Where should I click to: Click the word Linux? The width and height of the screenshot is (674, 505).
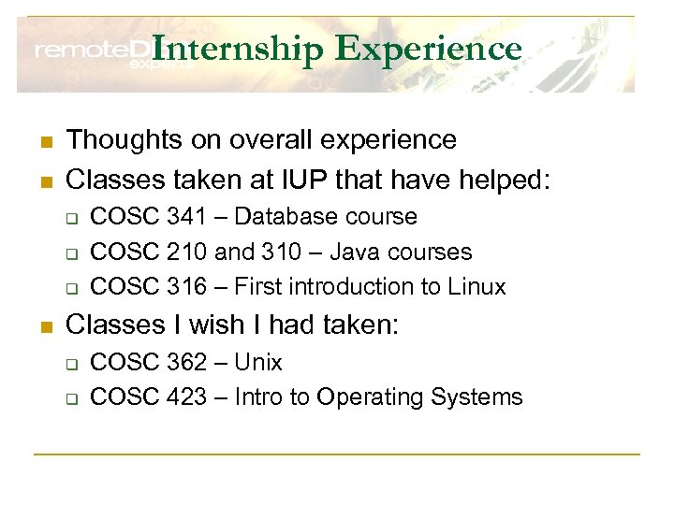[x=476, y=286]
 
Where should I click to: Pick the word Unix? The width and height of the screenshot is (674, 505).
[x=258, y=363]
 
